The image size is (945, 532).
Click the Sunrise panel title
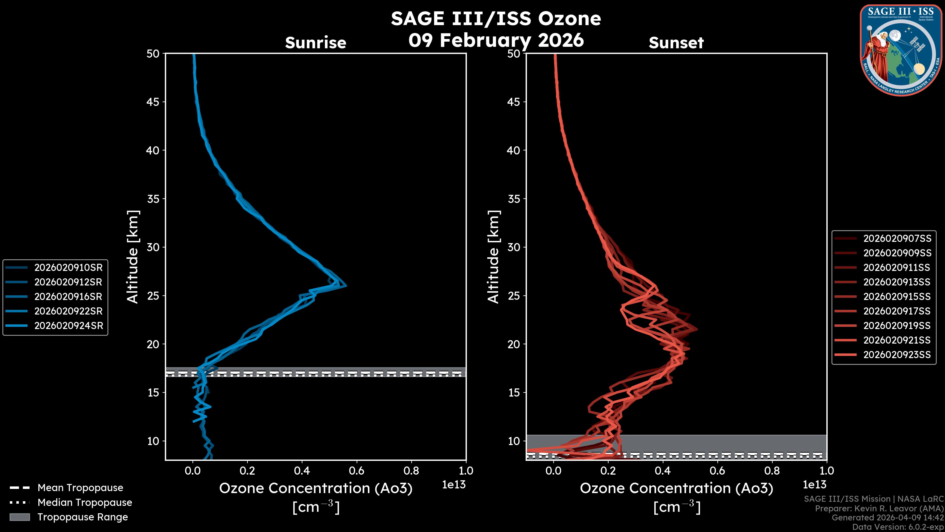[x=315, y=43]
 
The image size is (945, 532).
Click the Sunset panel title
[x=676, y=43]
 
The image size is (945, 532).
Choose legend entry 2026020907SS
[x=897, y=238]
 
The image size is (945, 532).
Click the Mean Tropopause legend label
[x=80, y=488]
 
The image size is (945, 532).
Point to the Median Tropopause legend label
[x=85, y=502]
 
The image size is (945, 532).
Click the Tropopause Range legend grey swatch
[x=19, y=517]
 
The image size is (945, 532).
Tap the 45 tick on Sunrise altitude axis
[x=153, y=102]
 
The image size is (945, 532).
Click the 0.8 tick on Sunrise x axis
[x=411, y=471]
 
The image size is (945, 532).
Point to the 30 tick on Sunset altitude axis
[x=514, y=247]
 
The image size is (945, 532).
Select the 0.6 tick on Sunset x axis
[x=717, y=471]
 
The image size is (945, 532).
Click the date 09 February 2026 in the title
[x=496, y=40]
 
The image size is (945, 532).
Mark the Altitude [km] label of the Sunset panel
[x=493, y=257]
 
